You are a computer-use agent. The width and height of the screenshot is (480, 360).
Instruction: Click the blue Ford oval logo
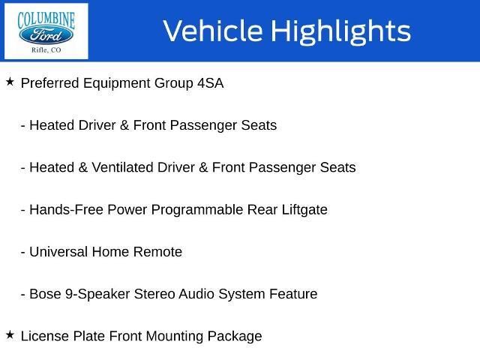point(46,35)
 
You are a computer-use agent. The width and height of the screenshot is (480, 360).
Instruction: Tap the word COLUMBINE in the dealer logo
point(46,20)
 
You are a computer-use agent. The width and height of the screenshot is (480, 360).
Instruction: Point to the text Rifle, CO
point(46,50)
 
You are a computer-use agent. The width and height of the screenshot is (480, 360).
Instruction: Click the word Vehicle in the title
point(213,31)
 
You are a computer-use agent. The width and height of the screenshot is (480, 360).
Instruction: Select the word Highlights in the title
point(341,31)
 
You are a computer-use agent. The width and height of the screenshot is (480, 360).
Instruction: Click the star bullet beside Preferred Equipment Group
point(10,82)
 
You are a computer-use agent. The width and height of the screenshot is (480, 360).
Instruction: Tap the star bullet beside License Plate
point(10,335)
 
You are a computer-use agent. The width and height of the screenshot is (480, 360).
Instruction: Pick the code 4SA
point(211,83)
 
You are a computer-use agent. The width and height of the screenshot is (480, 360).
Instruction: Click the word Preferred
point(50,83)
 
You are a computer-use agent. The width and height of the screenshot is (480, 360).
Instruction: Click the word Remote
point(158,252)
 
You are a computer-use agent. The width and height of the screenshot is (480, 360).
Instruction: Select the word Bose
point(45,294)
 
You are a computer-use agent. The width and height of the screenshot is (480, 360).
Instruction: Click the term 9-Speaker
point(97,295)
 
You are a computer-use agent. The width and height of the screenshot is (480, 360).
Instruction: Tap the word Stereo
point(154,294)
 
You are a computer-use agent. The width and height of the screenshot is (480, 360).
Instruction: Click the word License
point(45,336)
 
